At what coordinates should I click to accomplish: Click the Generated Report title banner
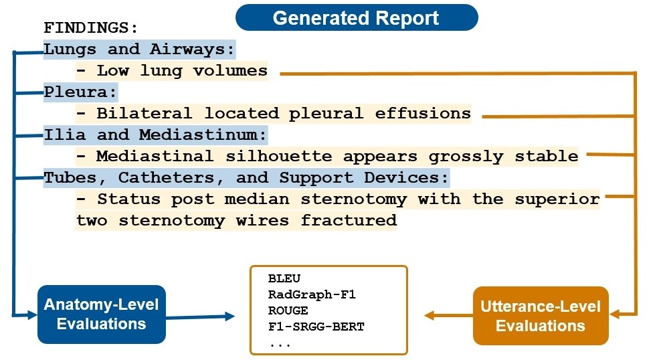(357, 18)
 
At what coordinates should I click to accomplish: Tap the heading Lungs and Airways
(139, 49)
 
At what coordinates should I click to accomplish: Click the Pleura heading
(80, 92)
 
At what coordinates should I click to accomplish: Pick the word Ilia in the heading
(65, 135)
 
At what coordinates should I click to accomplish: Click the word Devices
(401, 178)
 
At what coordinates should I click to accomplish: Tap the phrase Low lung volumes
(182, 71)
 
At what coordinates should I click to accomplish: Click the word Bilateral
(144, 113)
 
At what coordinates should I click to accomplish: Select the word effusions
(423, 113)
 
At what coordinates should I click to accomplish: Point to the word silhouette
(278, 157)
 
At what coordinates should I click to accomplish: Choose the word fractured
(349, 220)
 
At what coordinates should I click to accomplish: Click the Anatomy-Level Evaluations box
(102, 314)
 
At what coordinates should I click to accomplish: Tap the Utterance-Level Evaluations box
(541, 316)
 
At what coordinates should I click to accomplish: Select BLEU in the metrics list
(284, 278)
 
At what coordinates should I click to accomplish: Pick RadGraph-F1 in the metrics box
(312, 294)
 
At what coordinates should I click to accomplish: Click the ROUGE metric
(288, 311)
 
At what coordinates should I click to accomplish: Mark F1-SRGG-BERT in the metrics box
(316, 327)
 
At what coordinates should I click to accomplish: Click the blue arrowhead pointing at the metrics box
(230, 317)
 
